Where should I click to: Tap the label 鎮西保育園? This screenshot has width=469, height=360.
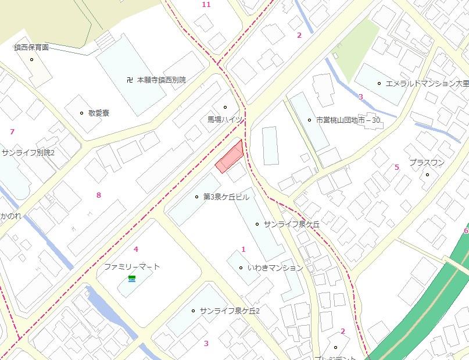click(31, 48)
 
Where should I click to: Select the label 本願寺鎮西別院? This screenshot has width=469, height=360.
click(161, 80)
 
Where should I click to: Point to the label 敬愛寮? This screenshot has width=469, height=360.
click(98, 113)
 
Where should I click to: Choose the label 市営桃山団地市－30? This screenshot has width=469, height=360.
click(348, 120)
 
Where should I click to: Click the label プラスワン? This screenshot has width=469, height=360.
click(427, 163)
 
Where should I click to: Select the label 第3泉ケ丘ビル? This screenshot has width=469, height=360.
click(226, 197)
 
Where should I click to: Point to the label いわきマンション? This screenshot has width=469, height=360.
click(275, 268)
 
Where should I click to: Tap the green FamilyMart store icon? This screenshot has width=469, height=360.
click(132, 280)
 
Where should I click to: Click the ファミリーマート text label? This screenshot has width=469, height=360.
click(132, 266)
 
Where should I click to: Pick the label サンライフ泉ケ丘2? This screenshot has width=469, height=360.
click(229, 311)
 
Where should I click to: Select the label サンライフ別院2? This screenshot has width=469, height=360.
click(27, 152)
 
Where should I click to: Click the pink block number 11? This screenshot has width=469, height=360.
click(206, 5)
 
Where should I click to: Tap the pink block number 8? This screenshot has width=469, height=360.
click(99, 195)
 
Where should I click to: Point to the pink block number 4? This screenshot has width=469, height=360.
click(136, 249)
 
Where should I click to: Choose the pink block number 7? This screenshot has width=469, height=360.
click(12, 131)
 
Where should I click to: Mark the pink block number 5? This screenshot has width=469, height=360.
click(397, 167)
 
